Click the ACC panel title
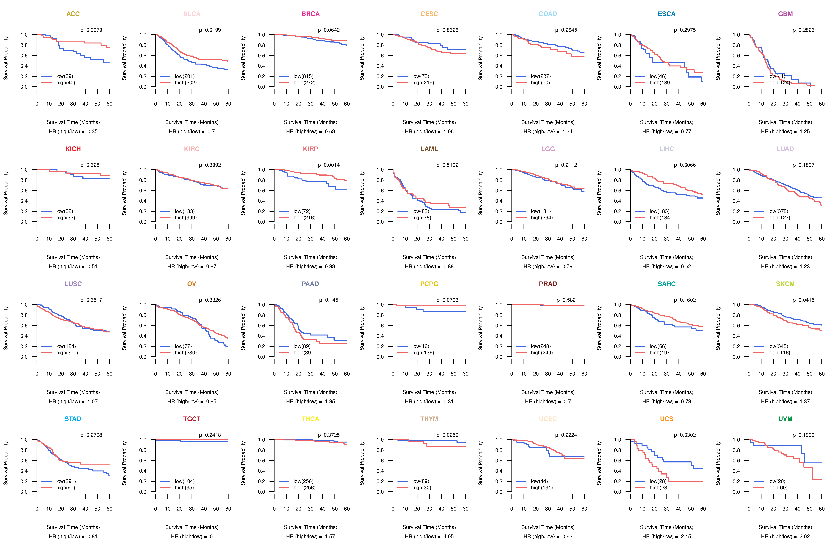coord(73,14)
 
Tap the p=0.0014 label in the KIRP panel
coord(329,165)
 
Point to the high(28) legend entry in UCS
coord(659,488)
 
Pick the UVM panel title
coord(785,419)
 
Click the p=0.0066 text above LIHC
coord(685,165)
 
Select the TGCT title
coord(192,419)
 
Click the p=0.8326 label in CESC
coord(447,30)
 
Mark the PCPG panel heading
coord(429,284)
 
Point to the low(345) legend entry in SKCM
coord(778,346)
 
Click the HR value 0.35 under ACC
coord(93,132)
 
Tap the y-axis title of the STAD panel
coord(6,463)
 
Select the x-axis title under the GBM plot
coord(785,122)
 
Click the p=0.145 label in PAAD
coord(329,300)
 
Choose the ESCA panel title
coord(667,14)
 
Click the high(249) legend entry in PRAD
coord(542,353)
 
